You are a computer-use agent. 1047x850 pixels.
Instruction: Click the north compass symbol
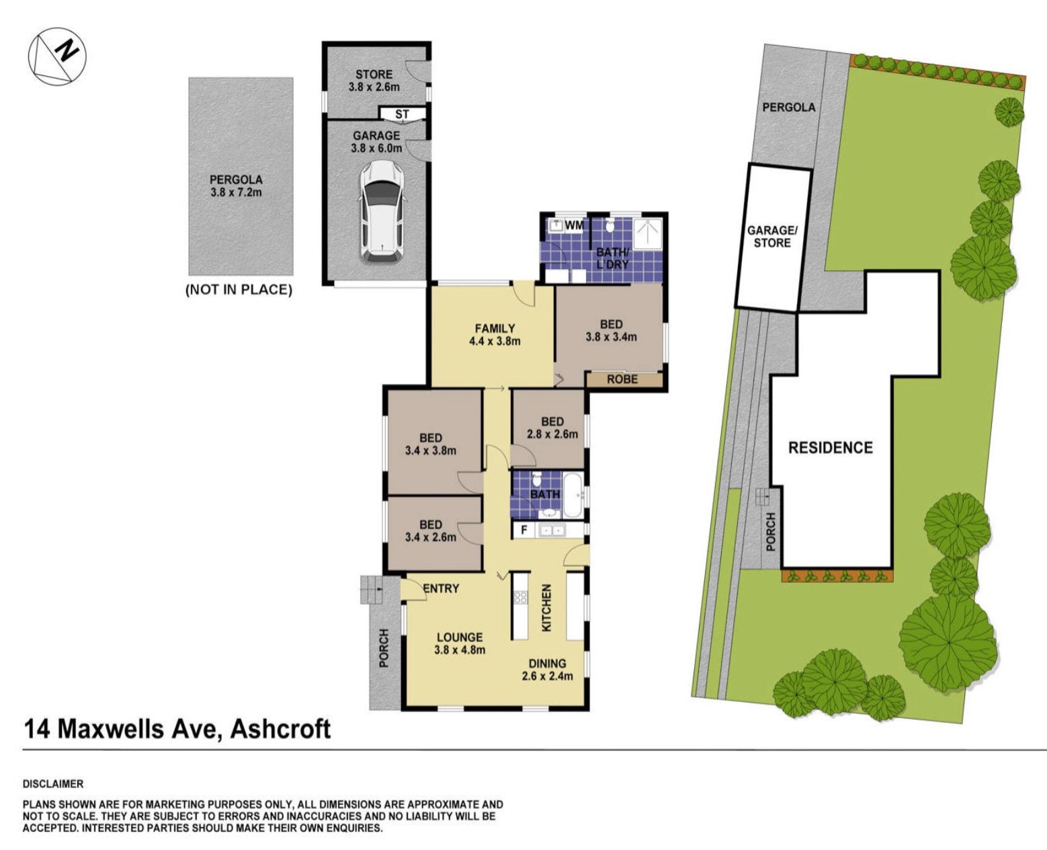(57, 56)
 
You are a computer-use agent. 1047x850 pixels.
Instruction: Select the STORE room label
(374, 74)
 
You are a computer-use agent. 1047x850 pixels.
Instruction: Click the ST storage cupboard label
(402, 114)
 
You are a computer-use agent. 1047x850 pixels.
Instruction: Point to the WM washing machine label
(574, 225)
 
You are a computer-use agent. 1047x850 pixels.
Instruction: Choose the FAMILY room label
(495, 328)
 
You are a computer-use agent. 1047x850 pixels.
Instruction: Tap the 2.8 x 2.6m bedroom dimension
(552, 434)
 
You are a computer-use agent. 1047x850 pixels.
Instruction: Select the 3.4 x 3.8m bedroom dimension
(431, 450)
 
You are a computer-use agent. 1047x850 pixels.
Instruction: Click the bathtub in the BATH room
(573, 496)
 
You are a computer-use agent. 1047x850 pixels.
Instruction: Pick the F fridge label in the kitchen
(524, 530)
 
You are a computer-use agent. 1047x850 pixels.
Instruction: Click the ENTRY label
(441, 588)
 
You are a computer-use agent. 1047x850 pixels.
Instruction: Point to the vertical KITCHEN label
(546, 607)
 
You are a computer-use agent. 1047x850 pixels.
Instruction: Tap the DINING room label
(547, 663)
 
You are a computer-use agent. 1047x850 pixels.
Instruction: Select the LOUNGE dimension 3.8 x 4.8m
(460, 650)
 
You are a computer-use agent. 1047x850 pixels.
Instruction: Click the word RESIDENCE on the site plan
(831, 447)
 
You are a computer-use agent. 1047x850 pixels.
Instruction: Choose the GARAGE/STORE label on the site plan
(772, 236)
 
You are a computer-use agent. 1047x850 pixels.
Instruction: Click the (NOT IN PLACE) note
(239, 290)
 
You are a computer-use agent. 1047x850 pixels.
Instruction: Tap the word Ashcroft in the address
(281, 729)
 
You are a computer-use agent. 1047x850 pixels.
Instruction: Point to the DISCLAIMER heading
(53, 783)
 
